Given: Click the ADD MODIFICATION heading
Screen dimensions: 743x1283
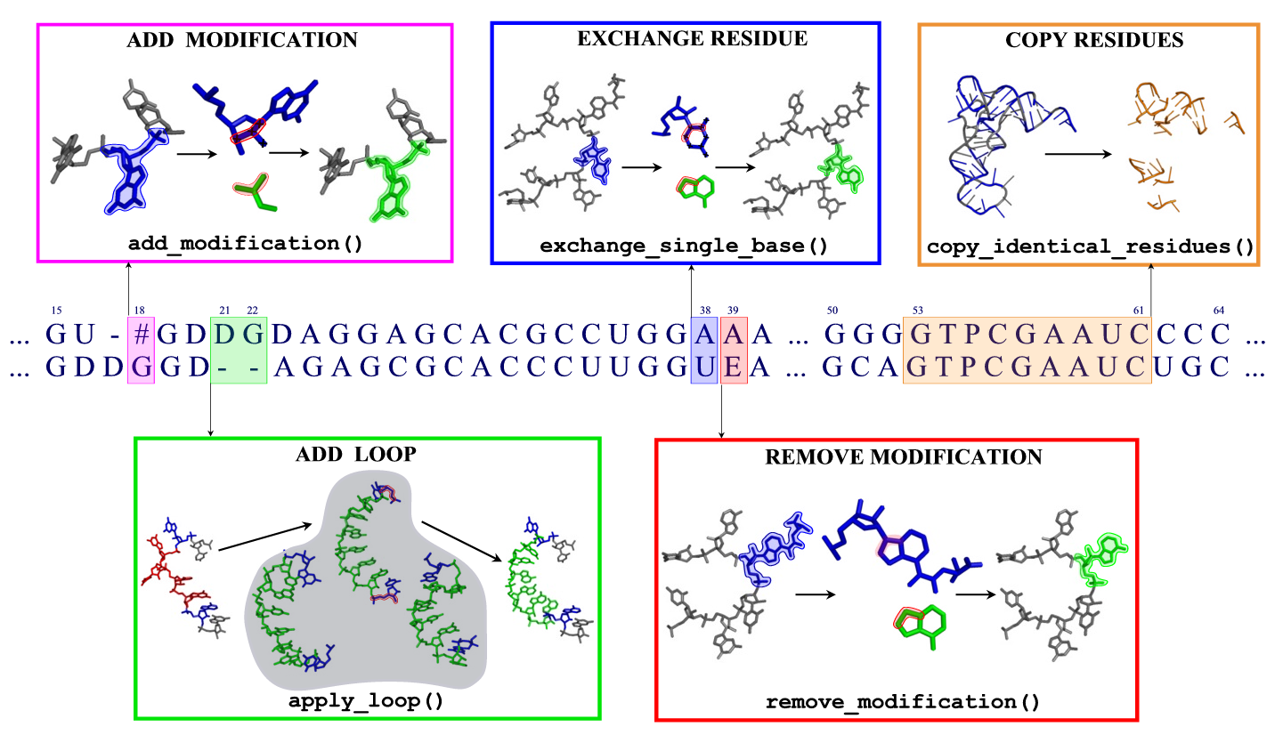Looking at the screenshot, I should pyautogui.click(x=242, y=40).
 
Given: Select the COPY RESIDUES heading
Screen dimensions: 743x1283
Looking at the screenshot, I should pyautogui.click(x=1094, y=40).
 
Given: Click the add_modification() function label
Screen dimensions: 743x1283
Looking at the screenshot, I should pyautogui.click(x=245, y=243).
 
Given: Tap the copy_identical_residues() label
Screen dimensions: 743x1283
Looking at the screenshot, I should pyautogui.click(x=1090, y=246).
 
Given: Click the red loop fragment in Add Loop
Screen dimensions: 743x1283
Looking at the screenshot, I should pyautogui.click(x=169, y=569).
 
